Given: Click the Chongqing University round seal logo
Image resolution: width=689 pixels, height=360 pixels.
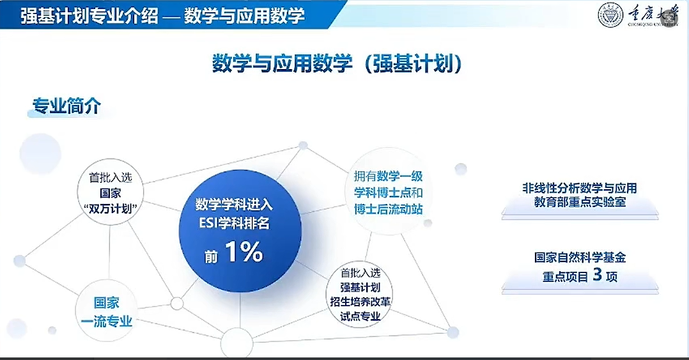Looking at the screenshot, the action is point(610,15).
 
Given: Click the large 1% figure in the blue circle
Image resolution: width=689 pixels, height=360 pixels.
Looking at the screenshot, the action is point(244,252).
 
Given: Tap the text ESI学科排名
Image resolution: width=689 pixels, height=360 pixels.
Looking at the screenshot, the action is point(234,223).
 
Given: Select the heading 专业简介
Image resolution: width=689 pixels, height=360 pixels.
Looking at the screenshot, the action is point(66,106).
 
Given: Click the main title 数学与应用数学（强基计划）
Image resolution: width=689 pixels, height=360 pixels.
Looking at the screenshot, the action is point(337,63).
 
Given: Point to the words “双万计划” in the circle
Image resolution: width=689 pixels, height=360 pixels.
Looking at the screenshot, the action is point(111,209).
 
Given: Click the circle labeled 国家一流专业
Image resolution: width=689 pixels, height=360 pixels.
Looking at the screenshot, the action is point(107,311).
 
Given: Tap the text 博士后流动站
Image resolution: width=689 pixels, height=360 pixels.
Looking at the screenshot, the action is point(389,209).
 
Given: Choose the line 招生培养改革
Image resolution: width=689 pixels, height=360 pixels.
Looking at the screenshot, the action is point(360,302).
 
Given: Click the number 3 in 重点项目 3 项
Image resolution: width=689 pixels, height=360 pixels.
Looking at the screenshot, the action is point(597,274).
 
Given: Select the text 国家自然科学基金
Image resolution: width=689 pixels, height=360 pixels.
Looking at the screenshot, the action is point(580,257).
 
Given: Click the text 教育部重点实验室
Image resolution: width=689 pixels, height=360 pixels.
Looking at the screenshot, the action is point(580,202).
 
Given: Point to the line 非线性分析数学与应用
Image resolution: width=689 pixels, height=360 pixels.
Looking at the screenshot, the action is point(580,188).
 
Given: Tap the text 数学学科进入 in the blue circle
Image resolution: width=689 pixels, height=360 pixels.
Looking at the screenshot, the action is point(234,205).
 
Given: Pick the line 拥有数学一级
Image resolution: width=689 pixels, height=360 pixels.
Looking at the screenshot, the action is point(389,176).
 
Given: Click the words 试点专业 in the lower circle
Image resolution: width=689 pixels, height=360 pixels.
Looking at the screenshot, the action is point(360,316).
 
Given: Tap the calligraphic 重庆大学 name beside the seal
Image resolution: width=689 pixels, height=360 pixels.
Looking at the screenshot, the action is point(653,15).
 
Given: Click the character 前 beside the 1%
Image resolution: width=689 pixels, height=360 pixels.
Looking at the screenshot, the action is point(211,256).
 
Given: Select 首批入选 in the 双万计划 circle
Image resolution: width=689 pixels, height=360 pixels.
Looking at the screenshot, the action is point(111,178).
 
